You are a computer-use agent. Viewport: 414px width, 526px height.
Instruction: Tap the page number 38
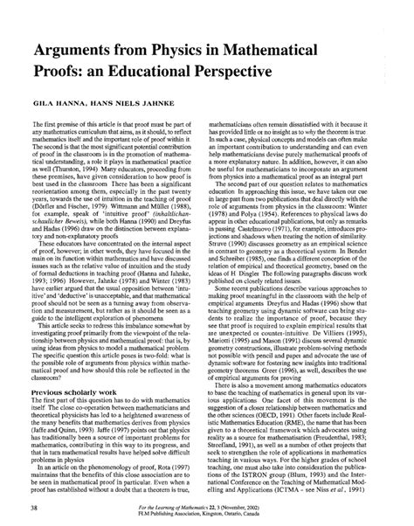pos(34,506)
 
